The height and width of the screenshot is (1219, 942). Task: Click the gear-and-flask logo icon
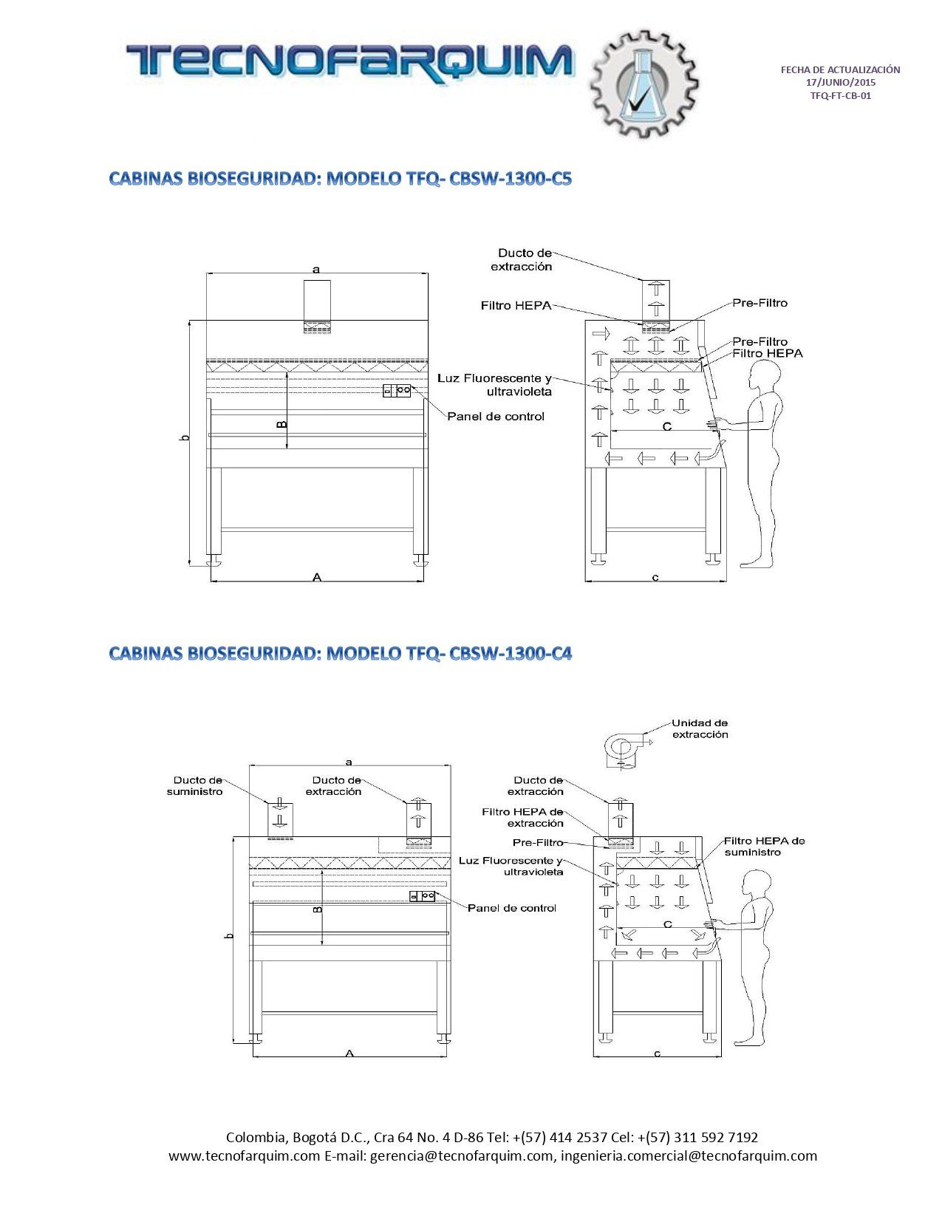point(644,83)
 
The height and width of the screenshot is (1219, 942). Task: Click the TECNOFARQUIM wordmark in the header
point(349,61)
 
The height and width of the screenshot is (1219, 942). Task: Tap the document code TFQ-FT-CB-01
point(840,95)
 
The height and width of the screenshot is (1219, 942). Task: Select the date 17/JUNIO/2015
point(840,82)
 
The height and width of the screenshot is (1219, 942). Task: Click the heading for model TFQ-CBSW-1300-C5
point(340,179)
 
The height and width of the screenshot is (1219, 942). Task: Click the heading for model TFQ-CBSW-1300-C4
point(340,653)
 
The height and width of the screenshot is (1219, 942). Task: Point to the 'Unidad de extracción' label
point(700,728)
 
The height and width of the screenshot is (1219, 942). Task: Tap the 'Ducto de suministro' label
point(194,785)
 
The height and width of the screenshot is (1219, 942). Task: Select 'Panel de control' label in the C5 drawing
point(495,417)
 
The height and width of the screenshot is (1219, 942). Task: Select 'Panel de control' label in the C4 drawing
point(511,908)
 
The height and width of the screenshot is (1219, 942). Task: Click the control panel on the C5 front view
point(397,391)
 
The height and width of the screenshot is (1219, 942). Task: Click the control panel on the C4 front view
point(423,896)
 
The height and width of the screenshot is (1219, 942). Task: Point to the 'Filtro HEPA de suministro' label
point(764,847)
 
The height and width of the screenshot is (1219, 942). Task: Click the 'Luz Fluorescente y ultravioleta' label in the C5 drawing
point(494,385)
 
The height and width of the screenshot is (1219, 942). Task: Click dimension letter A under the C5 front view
point(317,577)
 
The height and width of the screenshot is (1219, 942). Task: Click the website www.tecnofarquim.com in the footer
point(244,1156)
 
